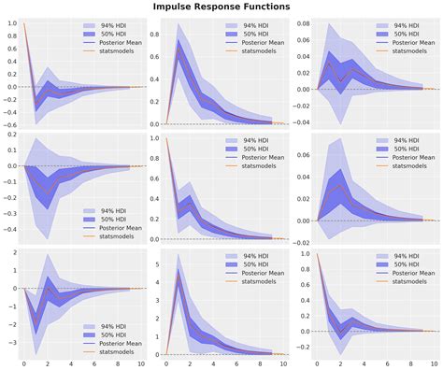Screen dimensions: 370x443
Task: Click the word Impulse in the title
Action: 177,7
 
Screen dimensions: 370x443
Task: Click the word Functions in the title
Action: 259,7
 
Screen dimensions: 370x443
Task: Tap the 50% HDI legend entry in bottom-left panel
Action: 103,265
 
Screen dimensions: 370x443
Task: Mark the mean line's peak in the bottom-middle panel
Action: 178,277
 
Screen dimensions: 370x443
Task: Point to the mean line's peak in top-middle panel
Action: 178,50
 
